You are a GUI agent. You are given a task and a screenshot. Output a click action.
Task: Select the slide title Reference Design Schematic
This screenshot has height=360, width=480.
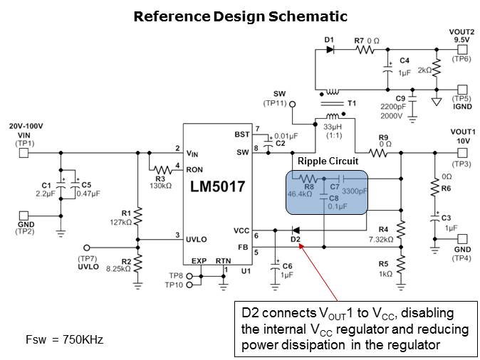tap(240, 16)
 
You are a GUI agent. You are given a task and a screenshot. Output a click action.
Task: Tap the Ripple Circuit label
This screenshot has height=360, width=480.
tap(327, 162)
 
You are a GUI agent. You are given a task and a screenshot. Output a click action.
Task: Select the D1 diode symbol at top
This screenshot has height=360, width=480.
tap(330, 51)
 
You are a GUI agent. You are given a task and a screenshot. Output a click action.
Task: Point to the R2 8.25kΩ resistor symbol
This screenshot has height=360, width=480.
tap(138, 263)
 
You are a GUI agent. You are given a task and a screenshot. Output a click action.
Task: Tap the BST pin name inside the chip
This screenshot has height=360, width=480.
tap(242, 134)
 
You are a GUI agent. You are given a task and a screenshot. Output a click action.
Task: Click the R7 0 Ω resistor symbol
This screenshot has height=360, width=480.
tap(365, 51)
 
